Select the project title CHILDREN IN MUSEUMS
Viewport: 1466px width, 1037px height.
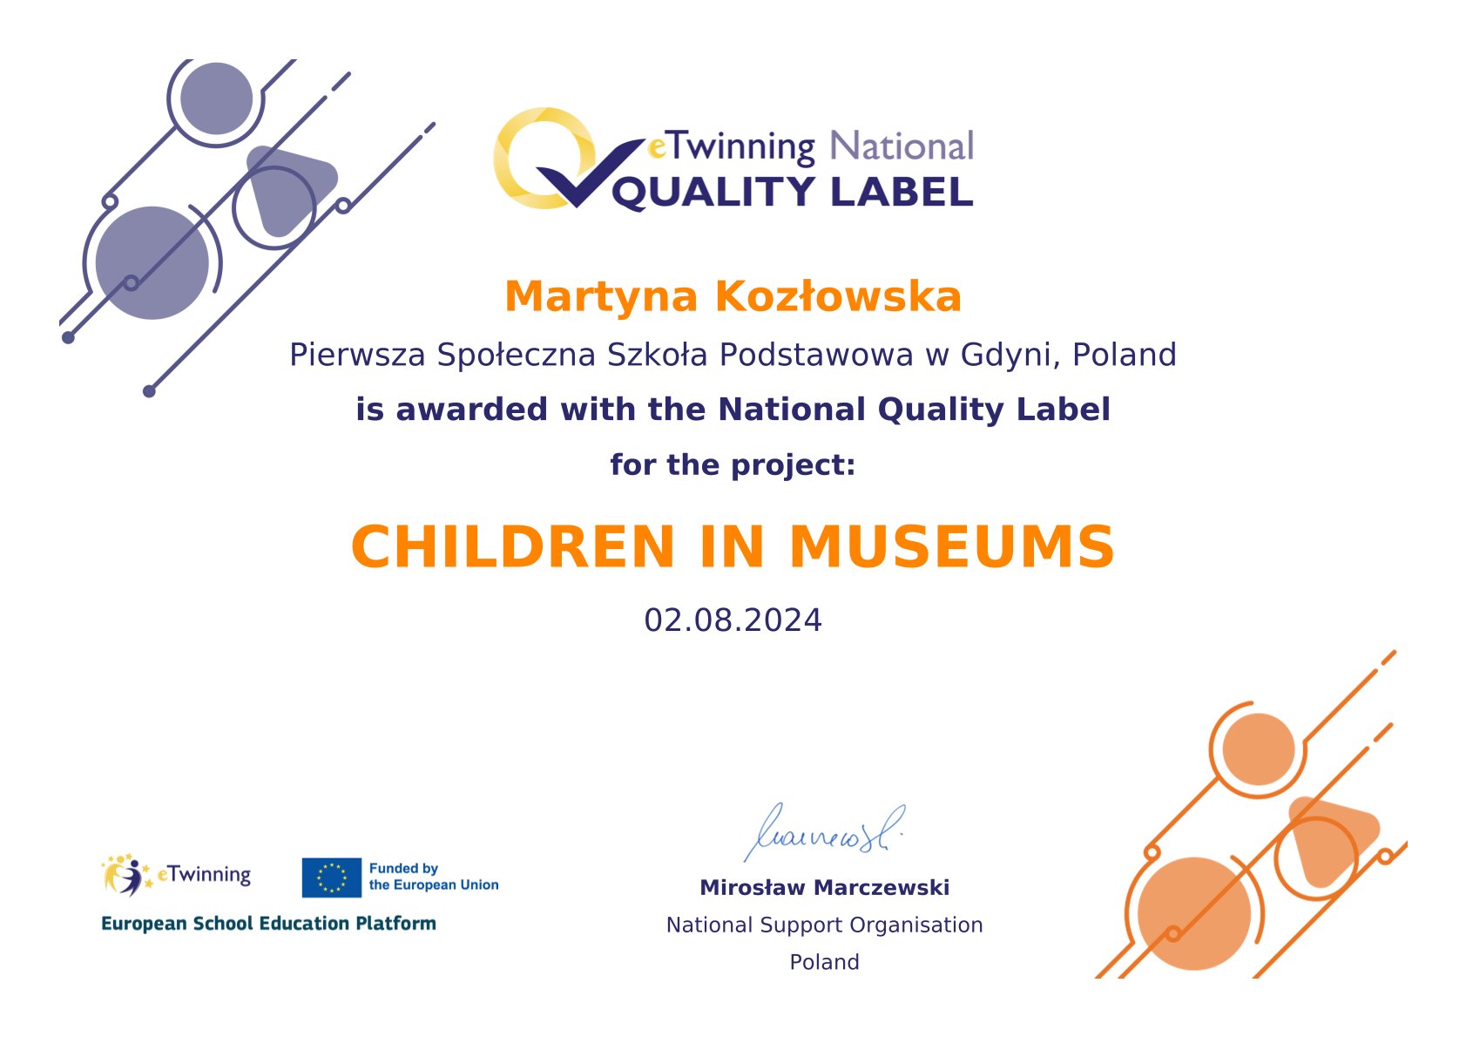[733, 546]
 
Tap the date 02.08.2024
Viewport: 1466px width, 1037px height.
[733, 620]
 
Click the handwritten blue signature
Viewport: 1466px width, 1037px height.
[823, 832]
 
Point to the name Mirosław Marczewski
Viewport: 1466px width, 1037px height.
[825, 888]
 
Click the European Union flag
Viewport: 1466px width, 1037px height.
[331, 878]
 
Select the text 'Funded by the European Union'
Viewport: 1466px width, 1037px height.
[433, 877]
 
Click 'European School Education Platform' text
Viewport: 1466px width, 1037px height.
[268, 924]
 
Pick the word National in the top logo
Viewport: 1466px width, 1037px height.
[902, 146]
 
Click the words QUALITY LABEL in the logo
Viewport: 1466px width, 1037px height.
[793, 193]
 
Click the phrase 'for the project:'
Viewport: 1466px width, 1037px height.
[733, 464]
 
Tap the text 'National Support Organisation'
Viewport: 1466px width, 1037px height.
[825, 925]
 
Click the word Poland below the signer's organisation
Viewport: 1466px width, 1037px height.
[825, 962]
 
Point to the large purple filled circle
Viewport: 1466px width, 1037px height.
[152, 263]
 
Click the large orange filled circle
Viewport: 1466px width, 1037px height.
[1194, 914]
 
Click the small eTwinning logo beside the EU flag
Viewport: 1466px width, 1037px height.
[175, 875]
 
